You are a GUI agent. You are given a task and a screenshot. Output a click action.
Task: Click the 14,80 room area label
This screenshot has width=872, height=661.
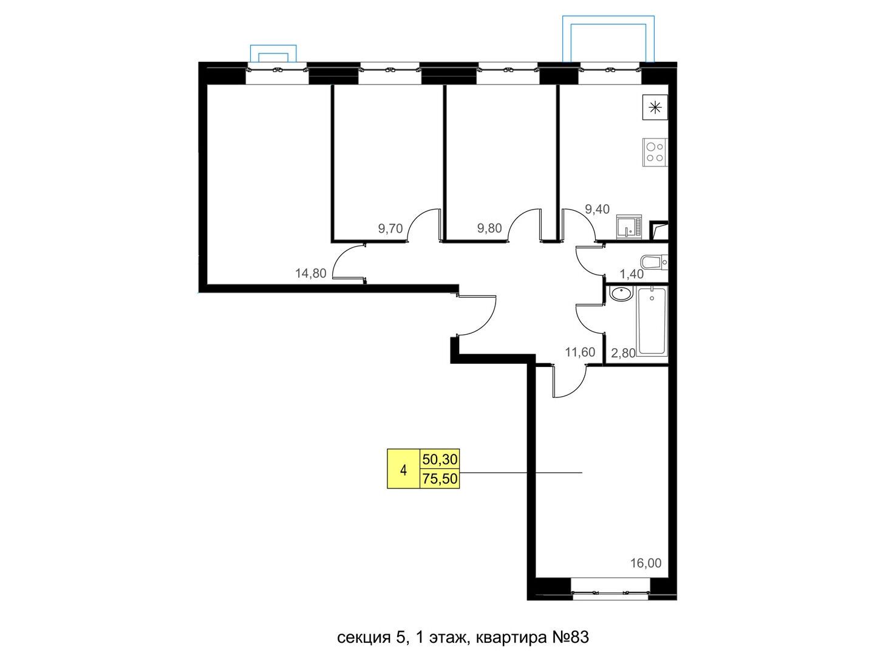[311, 273]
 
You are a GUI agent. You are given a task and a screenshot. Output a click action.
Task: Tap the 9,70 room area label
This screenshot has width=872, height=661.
[390, 228]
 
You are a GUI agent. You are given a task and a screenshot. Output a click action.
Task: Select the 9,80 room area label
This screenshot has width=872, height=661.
[489, 228]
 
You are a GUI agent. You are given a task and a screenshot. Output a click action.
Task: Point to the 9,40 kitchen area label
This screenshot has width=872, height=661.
[597, 209]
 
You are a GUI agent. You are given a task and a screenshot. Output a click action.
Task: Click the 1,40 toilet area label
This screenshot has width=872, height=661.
[632, 273]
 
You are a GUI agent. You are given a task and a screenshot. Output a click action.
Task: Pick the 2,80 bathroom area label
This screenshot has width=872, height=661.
[623, 352]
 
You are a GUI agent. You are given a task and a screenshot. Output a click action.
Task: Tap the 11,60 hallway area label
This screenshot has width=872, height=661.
[580, 352]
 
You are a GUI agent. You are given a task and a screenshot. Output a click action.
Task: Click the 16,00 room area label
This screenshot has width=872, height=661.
[646, 563]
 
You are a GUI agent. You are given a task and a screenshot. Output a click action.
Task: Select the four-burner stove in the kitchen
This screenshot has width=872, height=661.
[655, 152]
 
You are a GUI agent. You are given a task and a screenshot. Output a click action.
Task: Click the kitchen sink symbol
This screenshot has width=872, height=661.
[629, 227]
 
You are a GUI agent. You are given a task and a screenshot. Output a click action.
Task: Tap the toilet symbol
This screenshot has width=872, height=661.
[654, 262]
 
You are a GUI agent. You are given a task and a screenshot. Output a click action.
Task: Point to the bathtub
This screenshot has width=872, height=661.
[652, 321]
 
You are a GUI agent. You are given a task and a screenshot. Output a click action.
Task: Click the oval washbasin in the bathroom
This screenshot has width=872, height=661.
[621, 294]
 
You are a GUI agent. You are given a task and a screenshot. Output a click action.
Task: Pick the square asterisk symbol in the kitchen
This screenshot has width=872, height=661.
[655, 107]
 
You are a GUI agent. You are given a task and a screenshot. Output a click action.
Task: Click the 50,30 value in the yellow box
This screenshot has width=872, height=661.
[440, 459]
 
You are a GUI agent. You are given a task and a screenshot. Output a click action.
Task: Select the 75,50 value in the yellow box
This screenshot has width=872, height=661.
[440, 479]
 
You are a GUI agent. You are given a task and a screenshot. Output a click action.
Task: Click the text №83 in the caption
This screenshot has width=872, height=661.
[570, 637]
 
